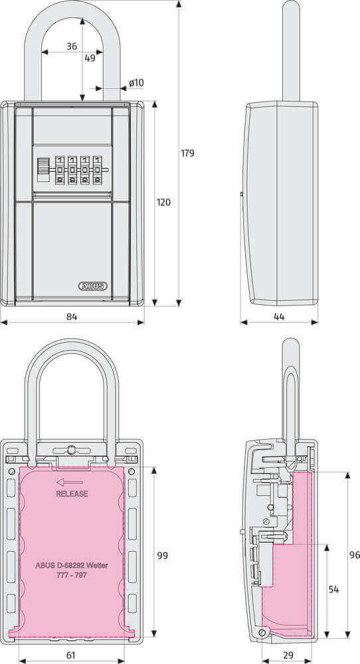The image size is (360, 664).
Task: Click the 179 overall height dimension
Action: pos(187,153)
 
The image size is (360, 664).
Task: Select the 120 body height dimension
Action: pos(163,202)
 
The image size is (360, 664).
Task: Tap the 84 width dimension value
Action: pos(72,317)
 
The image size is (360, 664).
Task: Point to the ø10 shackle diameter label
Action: pos(135,83)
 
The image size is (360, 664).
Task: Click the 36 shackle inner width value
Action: pos(72,46)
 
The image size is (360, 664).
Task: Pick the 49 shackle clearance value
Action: pos(90,58)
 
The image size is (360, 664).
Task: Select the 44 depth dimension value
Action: pos(279,317)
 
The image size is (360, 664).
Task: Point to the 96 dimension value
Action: pos(354,554)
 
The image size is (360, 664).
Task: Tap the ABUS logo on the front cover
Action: pos(92,286)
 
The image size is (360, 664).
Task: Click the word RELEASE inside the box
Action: pos(72,494)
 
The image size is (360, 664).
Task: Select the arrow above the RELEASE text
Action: pos(70,483)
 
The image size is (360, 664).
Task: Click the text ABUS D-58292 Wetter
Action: pos(72,566)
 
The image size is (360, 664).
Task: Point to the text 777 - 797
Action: pos(72,575)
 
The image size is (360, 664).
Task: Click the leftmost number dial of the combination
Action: pos(60,170)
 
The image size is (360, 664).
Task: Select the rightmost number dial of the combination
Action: pos(98,170)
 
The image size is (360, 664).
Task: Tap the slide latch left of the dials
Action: pos(43,169)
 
